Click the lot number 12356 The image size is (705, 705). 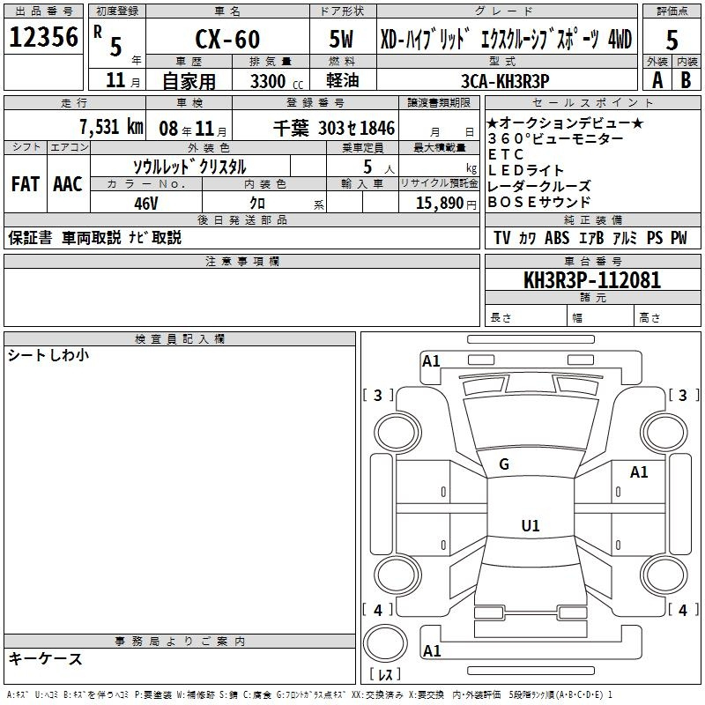[43, 37]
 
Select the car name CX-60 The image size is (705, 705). [227, 39]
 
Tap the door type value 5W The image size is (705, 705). [341, 39]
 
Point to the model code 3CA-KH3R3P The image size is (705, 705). [505, 81]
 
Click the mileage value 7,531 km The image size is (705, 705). [112, 127]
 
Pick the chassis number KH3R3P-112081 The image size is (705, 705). [592, 280]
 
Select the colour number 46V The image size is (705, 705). [146, 204]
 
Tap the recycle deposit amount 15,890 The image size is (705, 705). [440, 204]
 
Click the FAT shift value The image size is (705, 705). [26, 184]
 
